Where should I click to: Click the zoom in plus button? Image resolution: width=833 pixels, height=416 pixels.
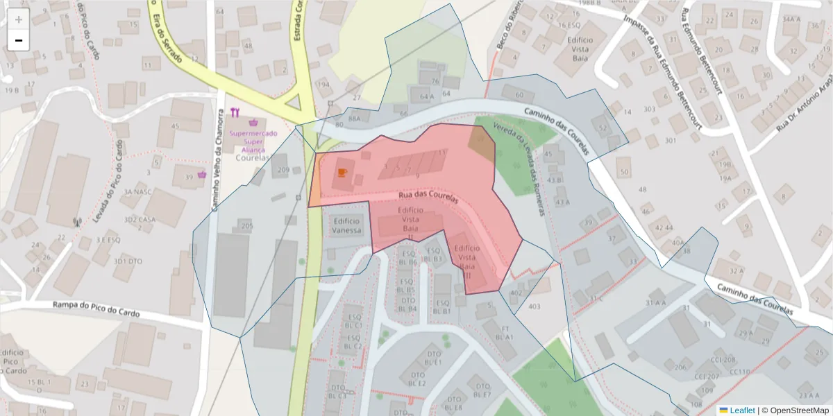[19, 19]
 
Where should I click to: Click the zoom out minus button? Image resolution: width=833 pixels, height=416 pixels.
[19, 40]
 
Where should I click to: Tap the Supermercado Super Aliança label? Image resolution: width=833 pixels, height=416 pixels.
[253, 141]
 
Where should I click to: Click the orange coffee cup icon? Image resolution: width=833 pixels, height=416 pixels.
[342, 172]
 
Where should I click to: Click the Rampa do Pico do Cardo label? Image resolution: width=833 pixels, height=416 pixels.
[96, 309]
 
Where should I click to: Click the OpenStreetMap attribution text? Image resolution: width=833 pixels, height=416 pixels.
[796, 410]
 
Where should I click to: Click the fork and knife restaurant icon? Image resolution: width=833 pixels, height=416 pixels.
[236, 112]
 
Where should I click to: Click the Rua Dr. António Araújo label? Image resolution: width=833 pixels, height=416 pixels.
[805, 97]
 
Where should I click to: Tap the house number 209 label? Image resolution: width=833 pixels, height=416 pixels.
[283, 170]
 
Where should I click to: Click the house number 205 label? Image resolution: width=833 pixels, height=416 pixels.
[246, 225]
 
